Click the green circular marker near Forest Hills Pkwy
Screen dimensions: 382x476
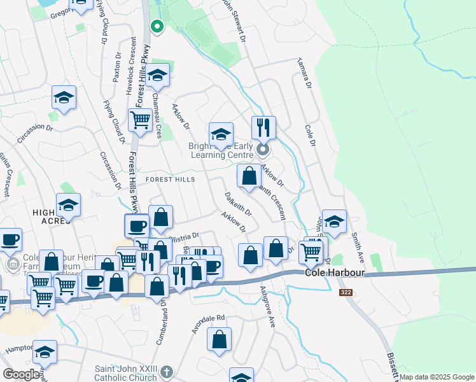coord(157,27)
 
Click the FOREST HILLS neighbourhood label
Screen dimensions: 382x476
coord(171,180)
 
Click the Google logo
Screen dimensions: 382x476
coord(22,374)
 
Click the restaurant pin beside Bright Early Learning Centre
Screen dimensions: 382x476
coord(263,128)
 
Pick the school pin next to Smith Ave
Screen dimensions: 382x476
coord(334,222)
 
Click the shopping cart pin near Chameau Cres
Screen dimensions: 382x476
coord(139,119)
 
